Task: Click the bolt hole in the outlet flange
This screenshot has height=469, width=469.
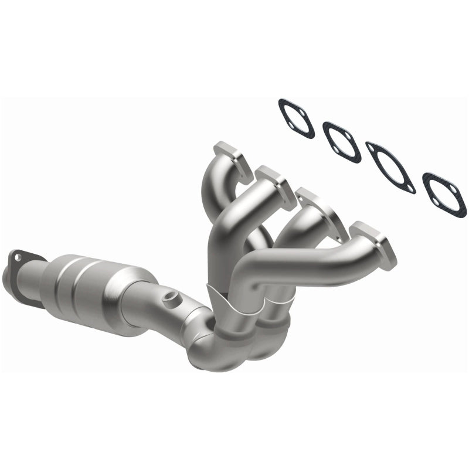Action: coord(17,256)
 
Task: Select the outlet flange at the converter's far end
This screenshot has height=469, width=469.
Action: coord(21,263)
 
